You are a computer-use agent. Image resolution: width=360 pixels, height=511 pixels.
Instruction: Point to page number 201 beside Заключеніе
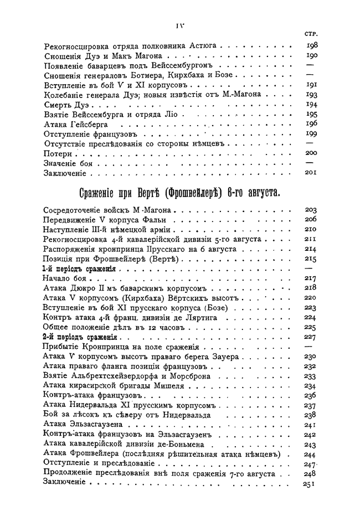(x=311, y=173)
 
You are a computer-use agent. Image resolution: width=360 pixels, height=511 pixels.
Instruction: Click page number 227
(x=311, y=337)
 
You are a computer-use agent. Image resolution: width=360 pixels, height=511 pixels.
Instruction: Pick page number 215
(x=311, y=259)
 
